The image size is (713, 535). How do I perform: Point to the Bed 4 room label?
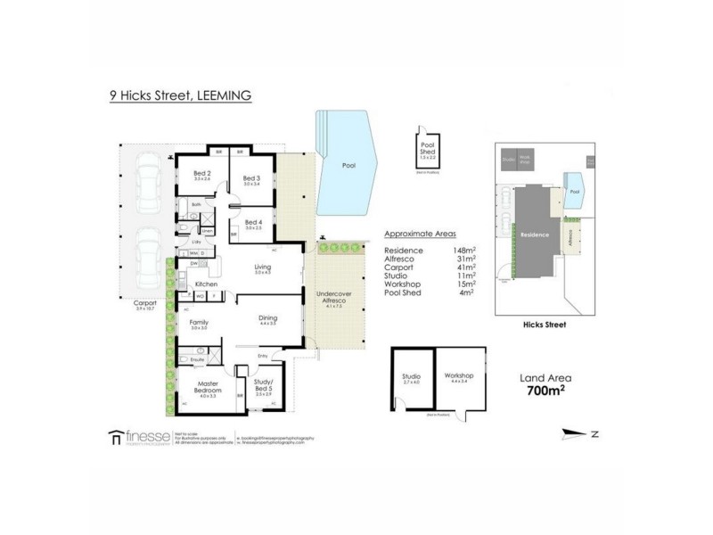coord(252,223)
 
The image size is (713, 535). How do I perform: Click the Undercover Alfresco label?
coord(331,300)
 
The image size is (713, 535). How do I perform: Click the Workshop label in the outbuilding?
coord(460,377)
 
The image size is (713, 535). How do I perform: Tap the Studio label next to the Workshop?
coord(411,377)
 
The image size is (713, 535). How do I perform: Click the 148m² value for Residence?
coord(463,250)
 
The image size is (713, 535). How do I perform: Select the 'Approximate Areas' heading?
coord(414,235)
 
